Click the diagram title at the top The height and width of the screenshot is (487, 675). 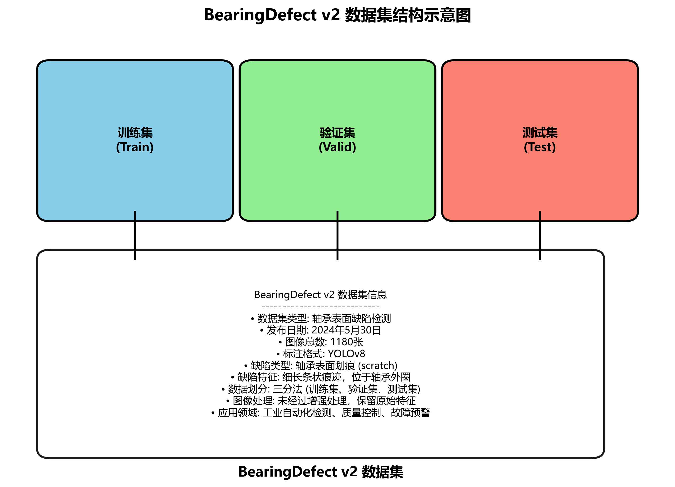pyautogui.click(x=337, y=15)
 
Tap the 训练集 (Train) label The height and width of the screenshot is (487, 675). pyautogui.click(x=135, y=140)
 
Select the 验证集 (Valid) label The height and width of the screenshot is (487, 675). pyautogui.click(x=337, y=140)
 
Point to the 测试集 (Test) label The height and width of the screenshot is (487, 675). pyautogui.click(x=540, y=140)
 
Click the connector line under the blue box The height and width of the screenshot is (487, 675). pyautogui.click(x=135, y=235)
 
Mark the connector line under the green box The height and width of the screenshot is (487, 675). pyautogui.click(x=337, y=235)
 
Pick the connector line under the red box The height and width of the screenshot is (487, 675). pyautogui.click(x=540, y=235)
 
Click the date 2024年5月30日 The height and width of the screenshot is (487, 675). pyautogui.click(x=346, y=330)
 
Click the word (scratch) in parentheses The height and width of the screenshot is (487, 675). pyautogui.click(x=377, y=365)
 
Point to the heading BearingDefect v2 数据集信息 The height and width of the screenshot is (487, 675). pyautogui.click(x=320, y=295)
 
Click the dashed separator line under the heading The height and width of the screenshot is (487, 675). pyautogui.click(x=320, y=306)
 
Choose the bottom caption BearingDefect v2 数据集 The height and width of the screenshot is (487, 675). pyautogui.click(x=320, y=472)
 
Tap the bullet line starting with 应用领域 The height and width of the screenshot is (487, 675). pyautogui.click(x=320, y=413)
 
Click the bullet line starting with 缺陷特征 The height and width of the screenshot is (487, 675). pyautogui.click(x=320, y=377)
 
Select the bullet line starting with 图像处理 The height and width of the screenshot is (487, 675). pyautogui.click(x=320, y=401)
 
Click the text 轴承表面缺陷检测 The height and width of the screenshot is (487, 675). pyautogui.click(x=351, y=319)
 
